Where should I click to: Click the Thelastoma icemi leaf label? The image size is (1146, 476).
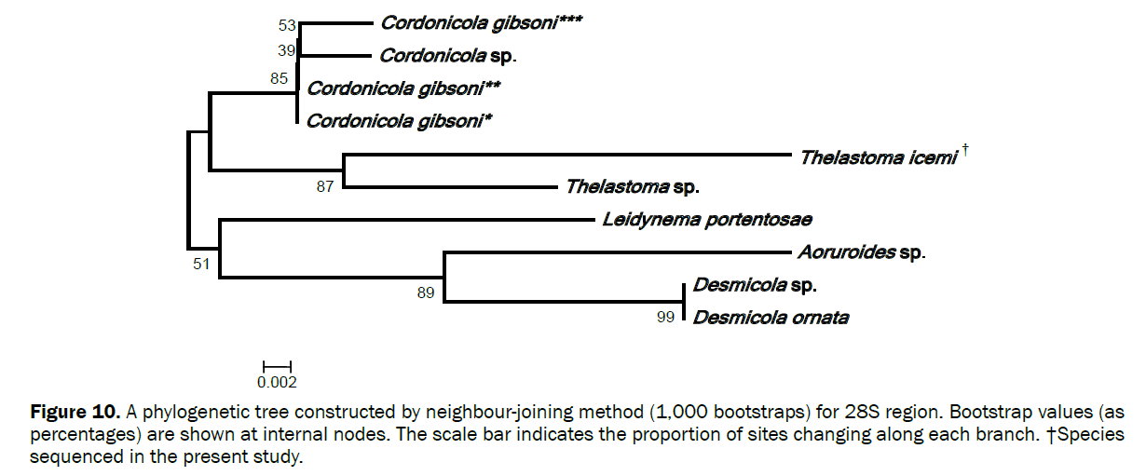878,157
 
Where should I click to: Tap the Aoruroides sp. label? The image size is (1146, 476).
860,252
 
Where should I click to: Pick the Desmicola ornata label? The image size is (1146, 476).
770,318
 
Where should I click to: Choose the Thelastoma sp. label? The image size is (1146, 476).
632,186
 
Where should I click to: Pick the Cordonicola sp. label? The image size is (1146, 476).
447,55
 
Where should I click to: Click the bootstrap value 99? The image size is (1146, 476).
665,319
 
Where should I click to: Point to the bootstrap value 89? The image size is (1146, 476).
426,293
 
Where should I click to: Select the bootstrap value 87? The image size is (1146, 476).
325,186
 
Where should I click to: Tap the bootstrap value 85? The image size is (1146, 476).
280,79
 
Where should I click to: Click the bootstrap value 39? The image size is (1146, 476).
286,50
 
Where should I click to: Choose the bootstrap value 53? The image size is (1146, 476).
286,24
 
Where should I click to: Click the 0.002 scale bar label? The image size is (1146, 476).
277,381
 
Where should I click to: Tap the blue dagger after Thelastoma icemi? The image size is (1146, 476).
966,149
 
